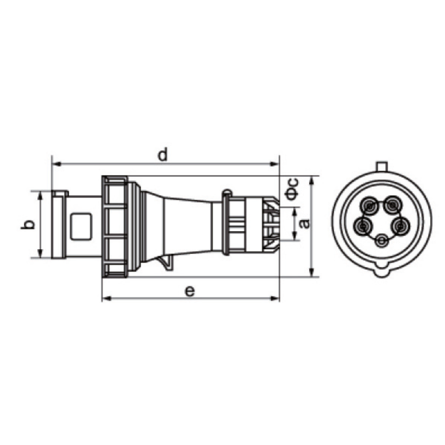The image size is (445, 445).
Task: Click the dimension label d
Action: (x=162, y=154)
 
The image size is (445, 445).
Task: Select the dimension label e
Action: (x=190, y=291)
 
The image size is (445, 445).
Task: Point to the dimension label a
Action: (x=305, y=224)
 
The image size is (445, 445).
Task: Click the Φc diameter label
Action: (x=291, y=189)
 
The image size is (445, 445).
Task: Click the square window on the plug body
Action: (x=81, y=227)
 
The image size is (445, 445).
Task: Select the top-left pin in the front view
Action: (x=369, y=205)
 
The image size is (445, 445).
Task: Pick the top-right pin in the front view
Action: (x=393, y=204)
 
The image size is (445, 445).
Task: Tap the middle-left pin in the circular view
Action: (x=363, y=226)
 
